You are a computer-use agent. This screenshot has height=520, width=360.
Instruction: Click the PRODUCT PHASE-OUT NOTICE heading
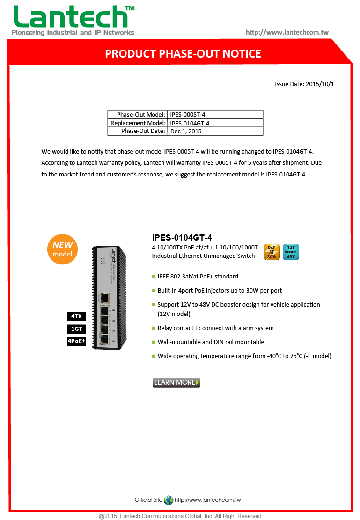click(183, 54)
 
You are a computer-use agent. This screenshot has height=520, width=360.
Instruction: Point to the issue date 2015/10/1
click(304, 84)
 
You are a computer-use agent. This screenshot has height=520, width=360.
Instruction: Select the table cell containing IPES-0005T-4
click(215, 115)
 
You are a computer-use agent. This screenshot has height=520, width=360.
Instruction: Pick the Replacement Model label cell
click(138, 123)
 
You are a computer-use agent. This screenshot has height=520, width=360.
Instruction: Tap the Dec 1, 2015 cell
click(215, 132)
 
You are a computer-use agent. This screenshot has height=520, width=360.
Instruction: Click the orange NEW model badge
click(62, 249)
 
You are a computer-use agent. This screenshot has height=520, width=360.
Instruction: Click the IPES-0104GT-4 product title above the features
click(178, 238)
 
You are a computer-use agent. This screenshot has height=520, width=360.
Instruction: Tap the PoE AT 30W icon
click(272, 252)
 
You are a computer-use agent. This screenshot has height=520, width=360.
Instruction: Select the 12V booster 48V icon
click(291, 252)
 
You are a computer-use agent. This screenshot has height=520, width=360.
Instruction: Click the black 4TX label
click(76, 317)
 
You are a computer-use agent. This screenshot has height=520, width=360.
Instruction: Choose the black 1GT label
click(76, 329)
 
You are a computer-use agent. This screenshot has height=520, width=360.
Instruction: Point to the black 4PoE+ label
click(76, 341)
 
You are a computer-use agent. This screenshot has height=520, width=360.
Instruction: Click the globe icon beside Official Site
click(169, 500)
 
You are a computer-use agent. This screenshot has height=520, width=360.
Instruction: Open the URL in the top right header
click(287, 32)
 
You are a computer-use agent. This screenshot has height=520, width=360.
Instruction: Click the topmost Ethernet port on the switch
click(105, 297)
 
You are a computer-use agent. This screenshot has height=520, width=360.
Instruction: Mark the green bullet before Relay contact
click(153, 328)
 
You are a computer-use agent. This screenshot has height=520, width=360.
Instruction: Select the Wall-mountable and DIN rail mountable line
click(211, 342)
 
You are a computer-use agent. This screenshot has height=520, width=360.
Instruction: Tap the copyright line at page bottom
click(180, 516)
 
